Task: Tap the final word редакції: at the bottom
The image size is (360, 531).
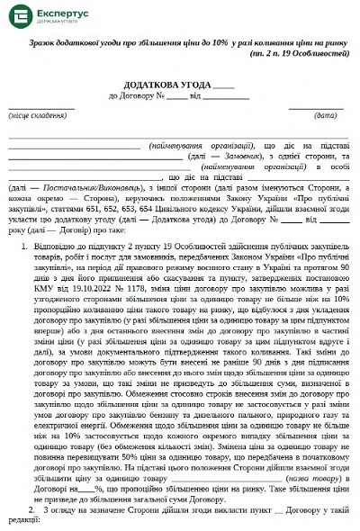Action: click(25, 523)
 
